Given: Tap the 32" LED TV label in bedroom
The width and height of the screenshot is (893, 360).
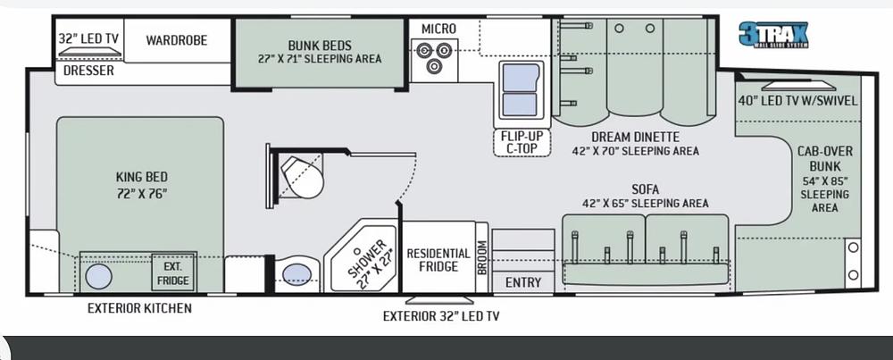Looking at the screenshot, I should click(88, 39).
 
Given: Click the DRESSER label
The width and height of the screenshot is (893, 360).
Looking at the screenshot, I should click(88, 70).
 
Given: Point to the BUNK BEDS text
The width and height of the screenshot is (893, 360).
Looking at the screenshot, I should click(319, 46).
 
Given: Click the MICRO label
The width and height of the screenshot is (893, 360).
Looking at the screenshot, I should click(438, 29).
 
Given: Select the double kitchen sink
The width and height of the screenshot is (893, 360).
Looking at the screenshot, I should click(520, 90).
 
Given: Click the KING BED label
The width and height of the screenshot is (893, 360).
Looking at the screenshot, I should click(140, 177).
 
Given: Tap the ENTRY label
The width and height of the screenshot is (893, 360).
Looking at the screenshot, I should click(522, 282).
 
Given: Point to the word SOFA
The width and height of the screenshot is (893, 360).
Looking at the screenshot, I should click(645, 188).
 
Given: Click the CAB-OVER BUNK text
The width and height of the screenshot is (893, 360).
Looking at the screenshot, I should click(819, 157).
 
